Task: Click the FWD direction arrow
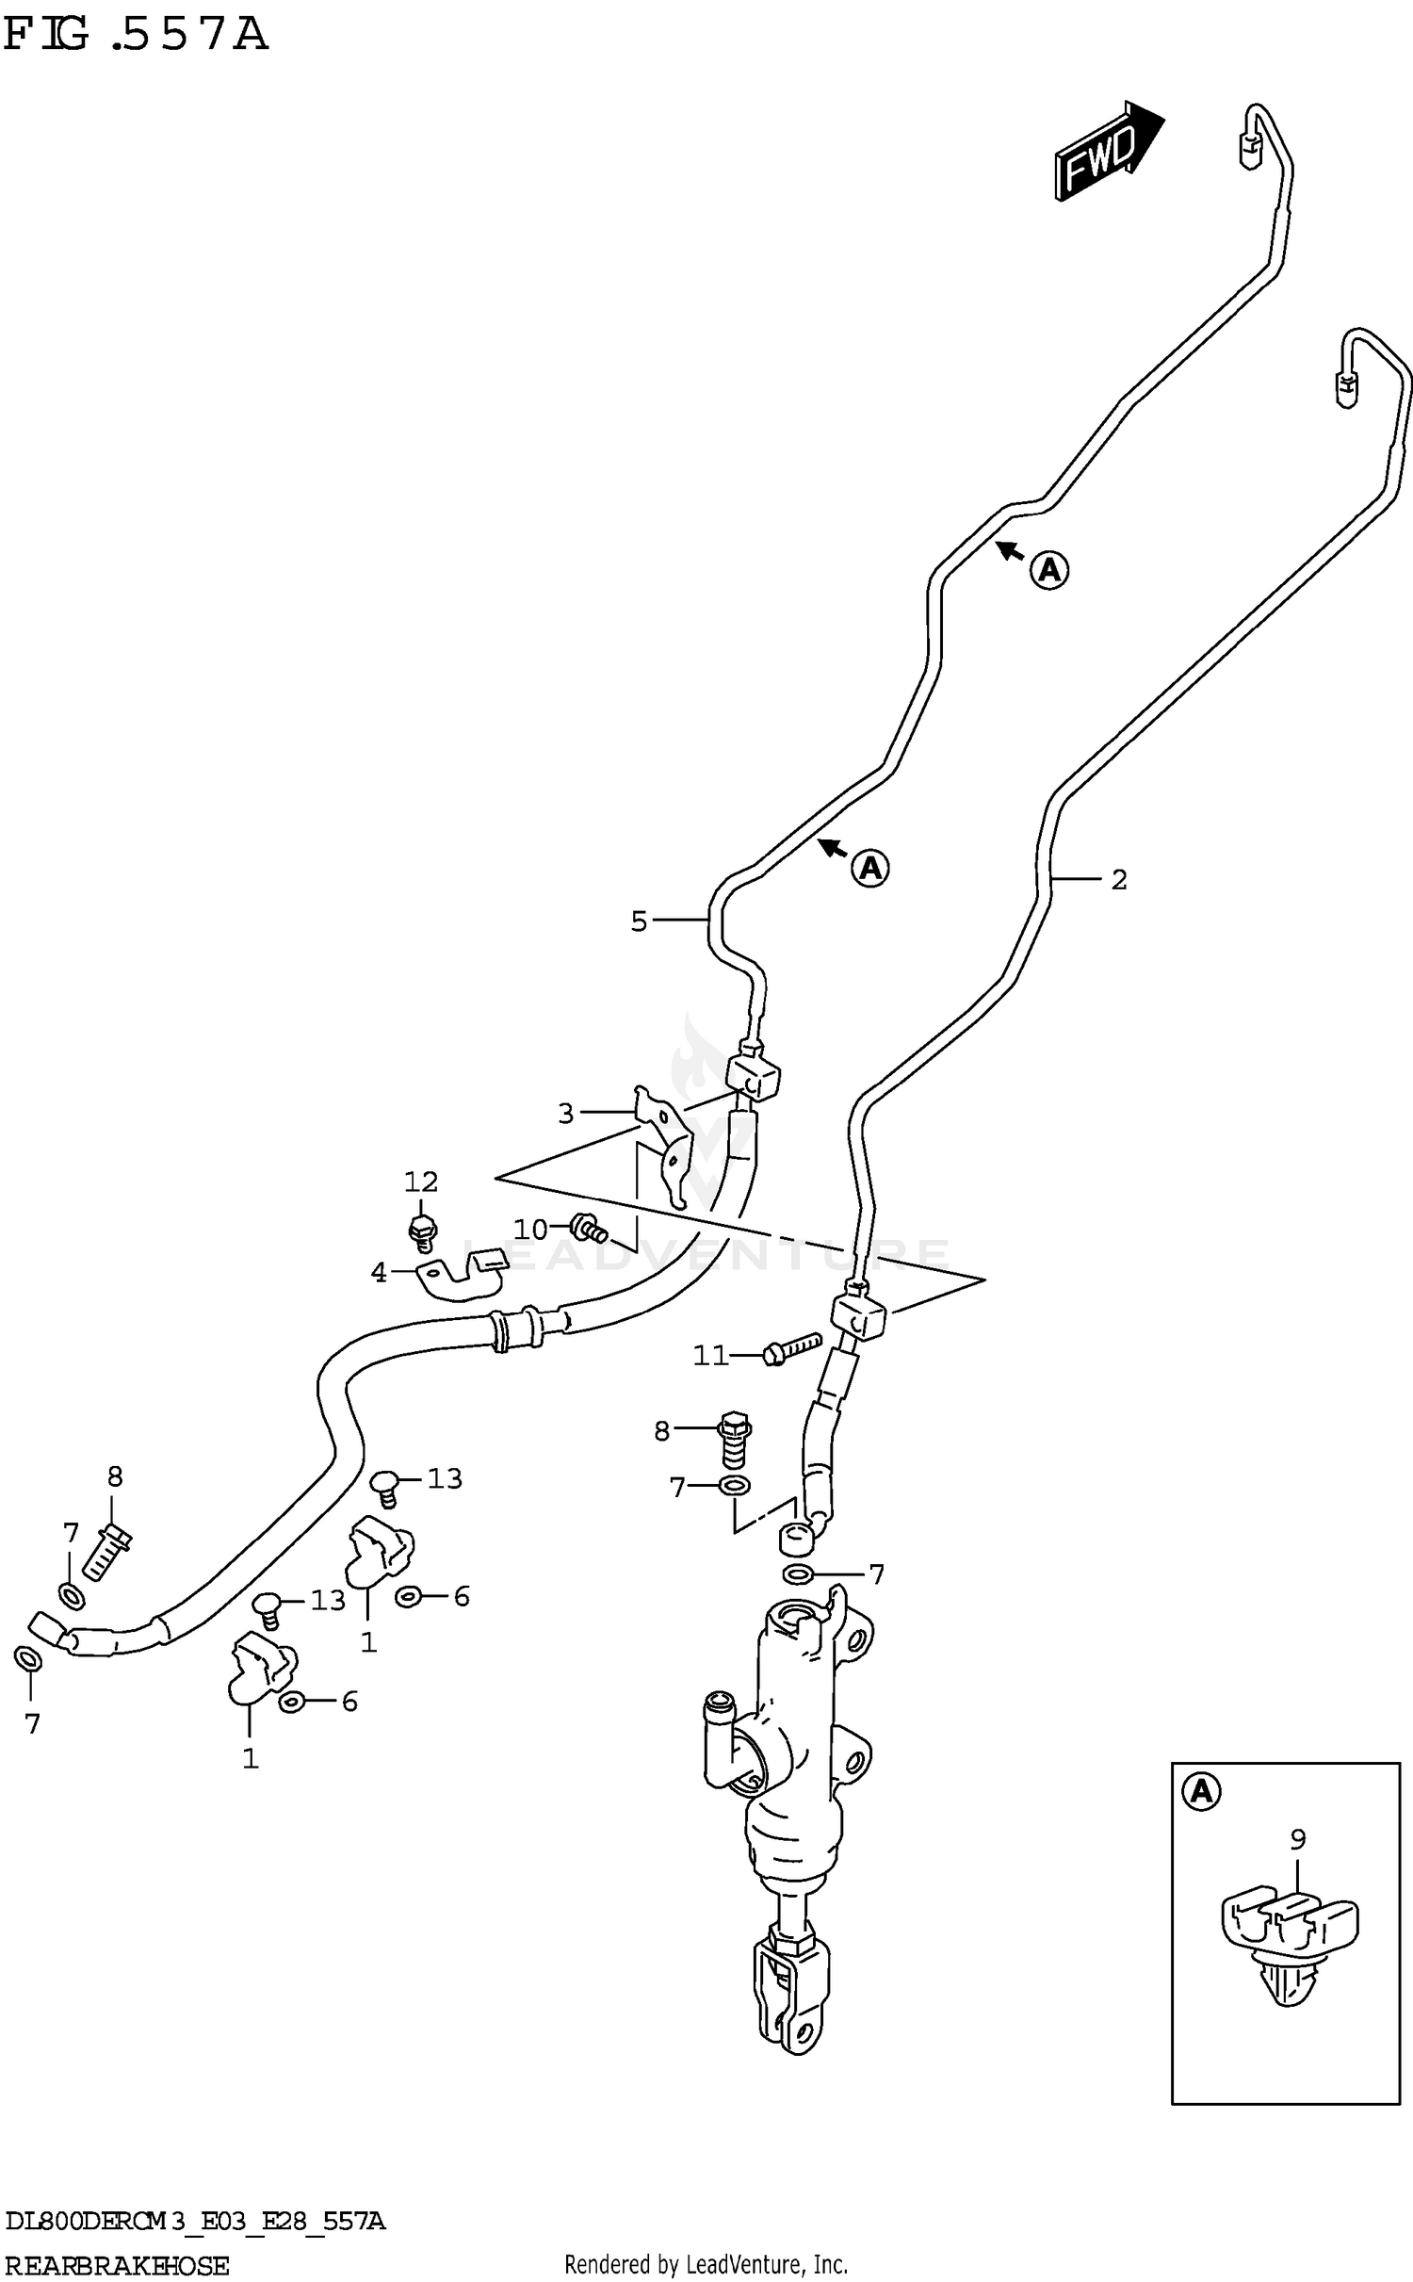pyautogui.click(x=1108, y=151)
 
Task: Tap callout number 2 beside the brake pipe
pyautogui.click(x=1118, y=880)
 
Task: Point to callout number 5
pyautogui.click(x=639, y=921)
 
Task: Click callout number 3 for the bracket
pyautogui.click(x=565, y=1114)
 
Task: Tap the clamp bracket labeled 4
pyautogui.click(x=462, y=1276)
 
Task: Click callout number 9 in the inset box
pyautogui.click(x=1297, y=1838)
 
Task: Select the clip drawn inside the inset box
pyautogui.click(x=1288, y=1928)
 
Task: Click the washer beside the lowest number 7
pyautogui.click(x=28, y=1657)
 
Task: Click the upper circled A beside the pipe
pyautogui.click(x=1048, y=569)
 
